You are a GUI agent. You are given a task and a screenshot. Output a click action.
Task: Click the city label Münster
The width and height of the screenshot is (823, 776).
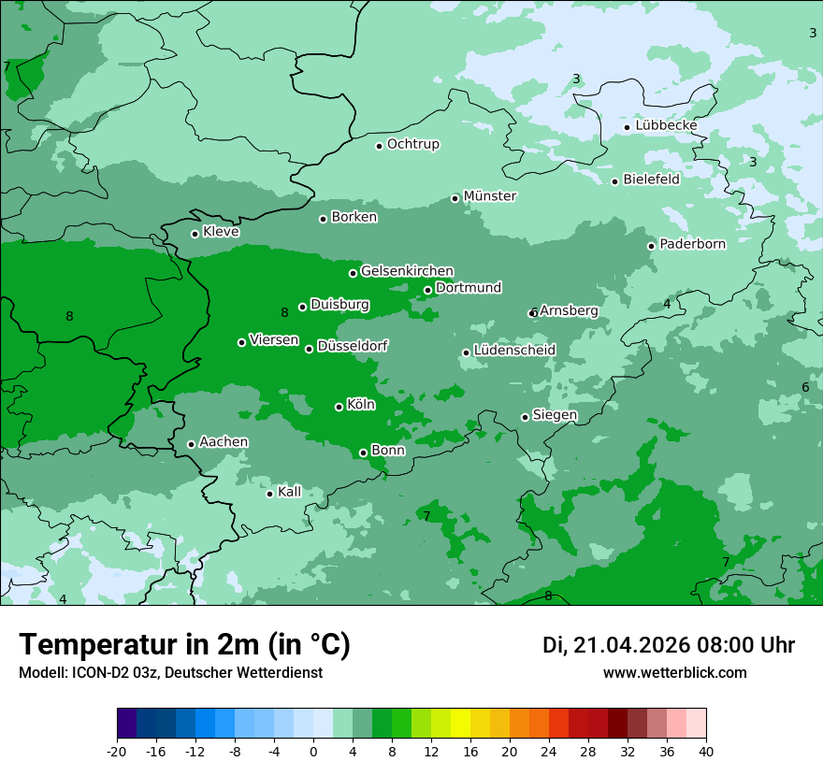[490, 196]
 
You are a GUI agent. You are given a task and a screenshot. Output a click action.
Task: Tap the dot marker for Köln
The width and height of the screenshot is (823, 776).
[339, 407]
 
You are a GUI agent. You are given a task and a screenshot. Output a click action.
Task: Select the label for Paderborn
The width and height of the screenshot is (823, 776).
[692, 244]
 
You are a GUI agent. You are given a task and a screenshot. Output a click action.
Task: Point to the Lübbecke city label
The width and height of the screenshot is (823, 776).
[666, 125]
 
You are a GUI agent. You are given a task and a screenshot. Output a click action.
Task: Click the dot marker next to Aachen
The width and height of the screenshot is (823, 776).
[191, 444]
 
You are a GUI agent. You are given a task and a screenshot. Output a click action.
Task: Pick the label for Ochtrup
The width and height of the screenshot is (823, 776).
[412, 144]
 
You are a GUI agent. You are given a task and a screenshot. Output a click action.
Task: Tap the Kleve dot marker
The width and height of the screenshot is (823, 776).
[195, 234]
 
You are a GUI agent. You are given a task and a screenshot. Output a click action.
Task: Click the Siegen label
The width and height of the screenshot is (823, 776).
[555, 415]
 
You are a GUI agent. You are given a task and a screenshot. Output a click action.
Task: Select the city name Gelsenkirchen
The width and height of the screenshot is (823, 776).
[407, 271]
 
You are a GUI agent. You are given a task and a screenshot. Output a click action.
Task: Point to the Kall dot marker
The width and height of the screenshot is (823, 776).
[269, 494]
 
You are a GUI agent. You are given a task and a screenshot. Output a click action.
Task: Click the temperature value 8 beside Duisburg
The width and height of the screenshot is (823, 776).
[284, 312]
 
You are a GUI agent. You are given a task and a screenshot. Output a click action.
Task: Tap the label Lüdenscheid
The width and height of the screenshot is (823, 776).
[514, 351]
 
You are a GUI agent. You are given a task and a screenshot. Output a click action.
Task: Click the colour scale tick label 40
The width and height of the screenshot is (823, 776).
[705, 751]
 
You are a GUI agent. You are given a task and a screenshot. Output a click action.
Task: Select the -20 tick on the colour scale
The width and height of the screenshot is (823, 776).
[117, 751]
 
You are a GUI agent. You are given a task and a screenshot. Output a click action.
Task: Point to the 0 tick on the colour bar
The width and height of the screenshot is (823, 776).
[313, 751]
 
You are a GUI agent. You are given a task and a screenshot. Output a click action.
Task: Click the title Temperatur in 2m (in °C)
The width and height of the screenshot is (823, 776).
[184, 644]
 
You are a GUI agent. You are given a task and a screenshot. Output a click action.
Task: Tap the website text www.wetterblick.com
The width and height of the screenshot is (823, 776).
[674, 672]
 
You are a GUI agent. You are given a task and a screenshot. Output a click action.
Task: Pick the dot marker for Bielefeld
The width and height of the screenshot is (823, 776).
[614, 181]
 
